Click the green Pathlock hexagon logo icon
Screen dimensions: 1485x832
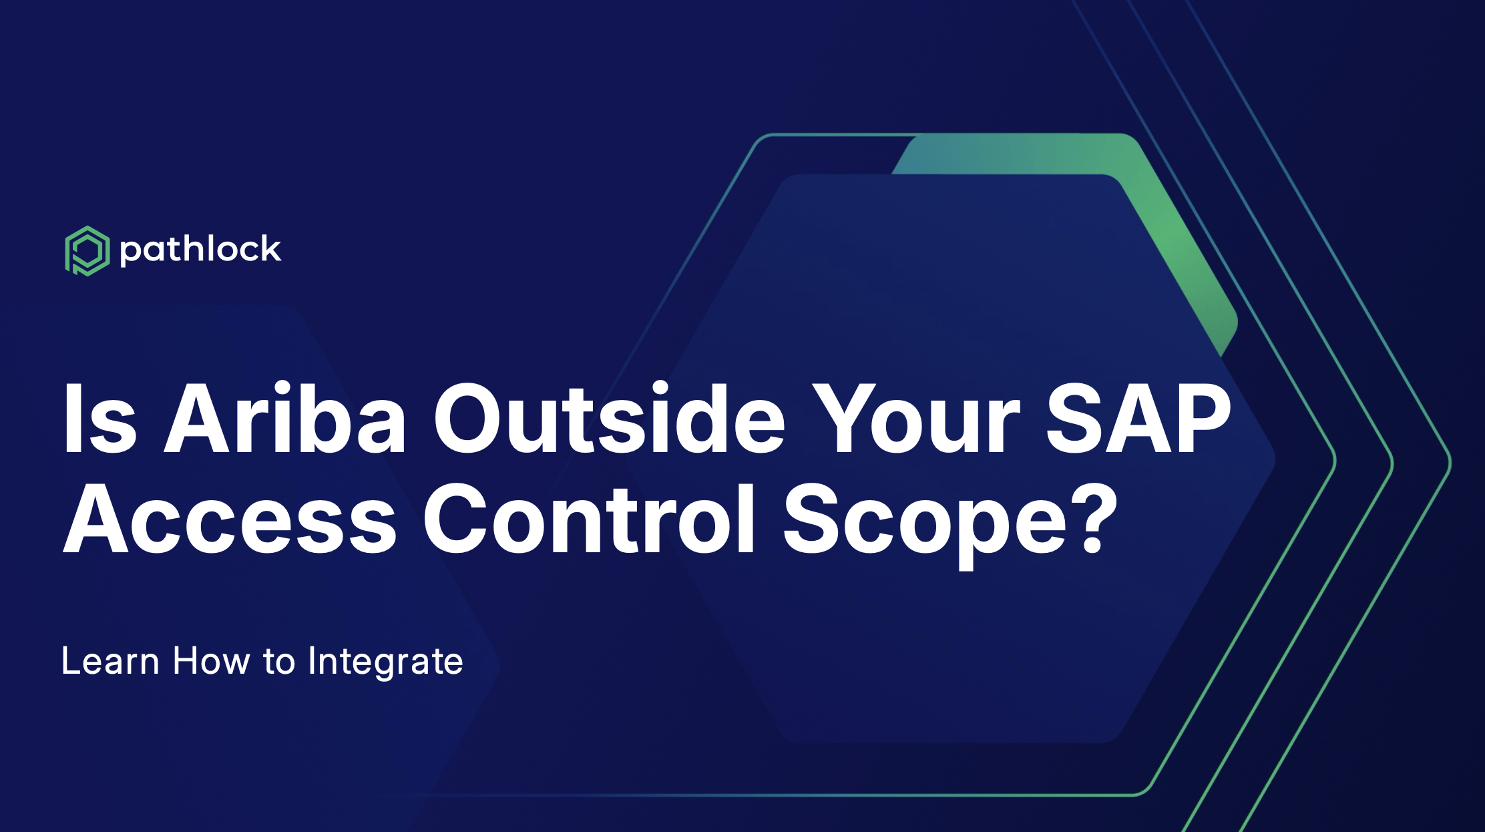(87, 251)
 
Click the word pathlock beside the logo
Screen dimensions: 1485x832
(200, 250)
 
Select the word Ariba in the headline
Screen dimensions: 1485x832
(285, 419)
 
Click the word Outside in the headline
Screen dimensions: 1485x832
(610, 419)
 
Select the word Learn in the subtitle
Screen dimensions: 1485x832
(110, 661)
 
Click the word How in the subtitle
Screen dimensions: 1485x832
(212, 661)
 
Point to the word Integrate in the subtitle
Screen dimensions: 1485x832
(385, 662)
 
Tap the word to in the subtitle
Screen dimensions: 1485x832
(279, 662)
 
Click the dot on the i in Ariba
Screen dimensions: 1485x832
(282, 389)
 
